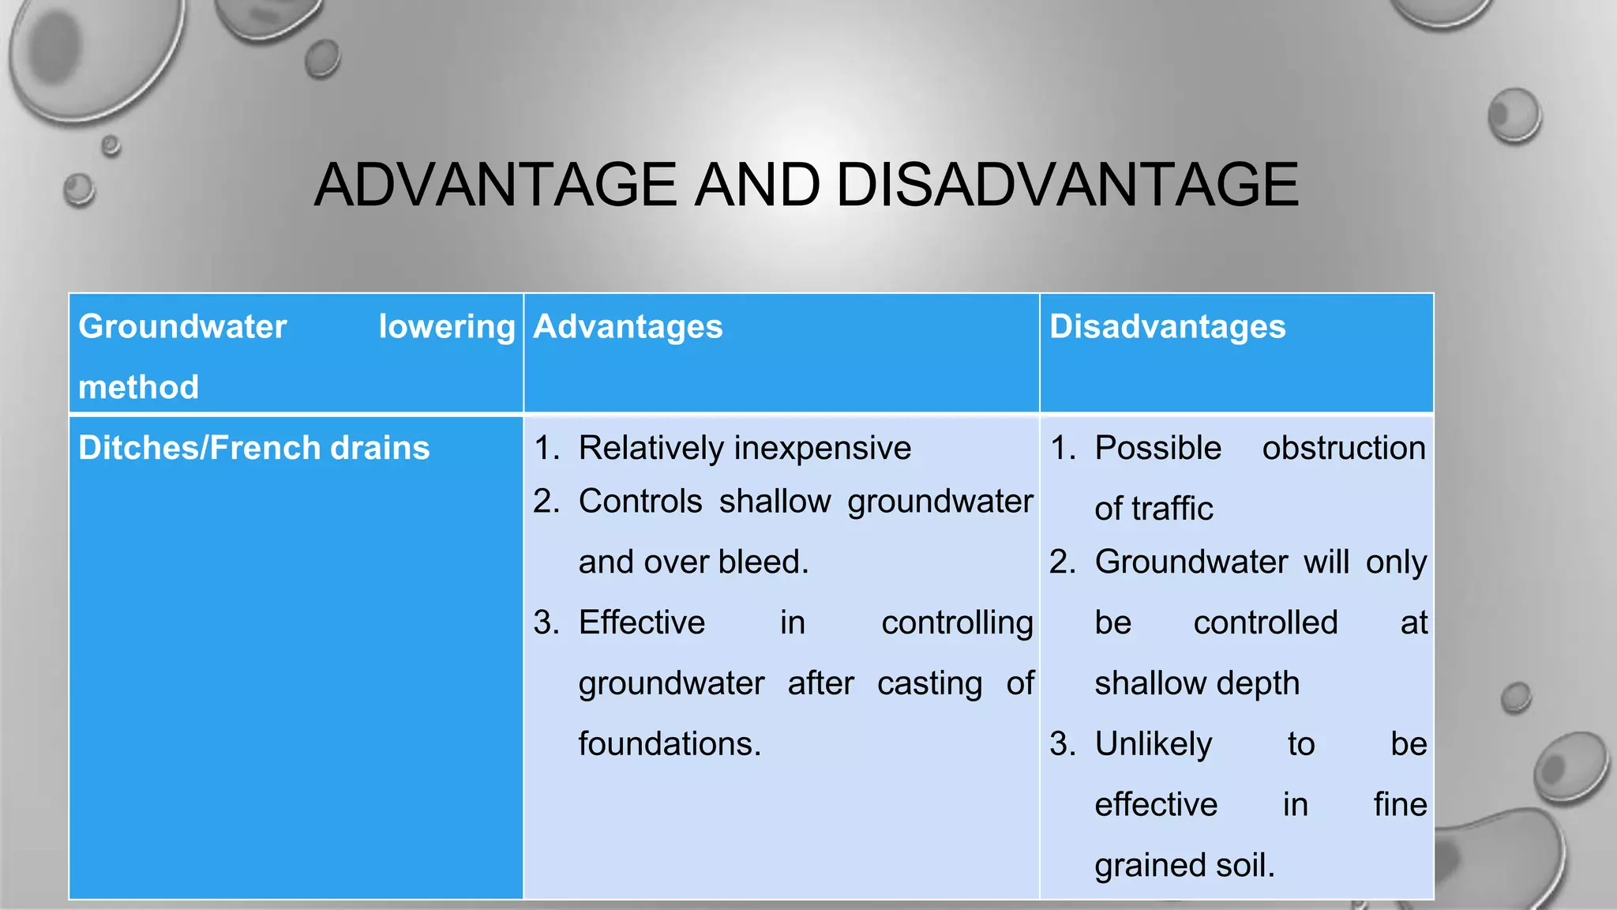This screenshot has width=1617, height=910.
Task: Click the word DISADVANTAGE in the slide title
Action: pos(1067,185)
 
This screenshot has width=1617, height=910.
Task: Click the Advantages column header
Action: pos(628,327)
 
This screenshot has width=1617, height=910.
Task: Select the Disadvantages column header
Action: pos(1167,327)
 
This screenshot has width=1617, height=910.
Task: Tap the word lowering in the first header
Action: pos(447,327)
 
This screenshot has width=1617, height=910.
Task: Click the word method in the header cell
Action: pos(138,387)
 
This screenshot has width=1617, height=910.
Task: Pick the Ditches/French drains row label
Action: pos(253,448)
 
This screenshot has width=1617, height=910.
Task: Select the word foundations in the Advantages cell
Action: pos(670,743)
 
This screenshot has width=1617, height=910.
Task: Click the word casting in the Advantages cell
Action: pos(929,683)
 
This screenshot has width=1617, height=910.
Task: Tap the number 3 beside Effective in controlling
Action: pos(543,622)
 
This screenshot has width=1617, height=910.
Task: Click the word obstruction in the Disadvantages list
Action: pos(1343,448)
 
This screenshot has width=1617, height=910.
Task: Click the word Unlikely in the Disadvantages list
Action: pos(1153,743)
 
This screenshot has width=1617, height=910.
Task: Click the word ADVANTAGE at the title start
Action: pos(495,185)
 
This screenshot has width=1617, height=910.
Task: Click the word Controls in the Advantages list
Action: pos(640,501)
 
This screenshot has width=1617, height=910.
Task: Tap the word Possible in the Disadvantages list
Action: pos(1157,448)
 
